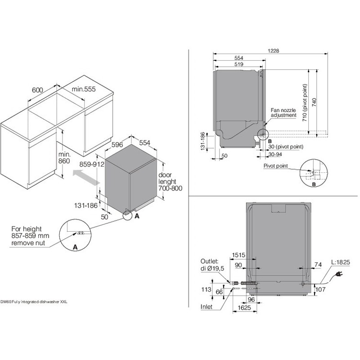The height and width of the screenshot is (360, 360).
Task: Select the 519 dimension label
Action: pos(238,65)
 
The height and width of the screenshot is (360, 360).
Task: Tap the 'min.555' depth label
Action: pos(85,90)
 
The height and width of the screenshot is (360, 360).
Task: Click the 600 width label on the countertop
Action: pos(37,90)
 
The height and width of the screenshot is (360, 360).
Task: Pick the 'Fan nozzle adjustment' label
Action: pos(283,112)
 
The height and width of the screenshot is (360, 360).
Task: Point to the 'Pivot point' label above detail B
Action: pos(275,166)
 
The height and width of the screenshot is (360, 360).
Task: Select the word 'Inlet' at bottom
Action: pos(207,307)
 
